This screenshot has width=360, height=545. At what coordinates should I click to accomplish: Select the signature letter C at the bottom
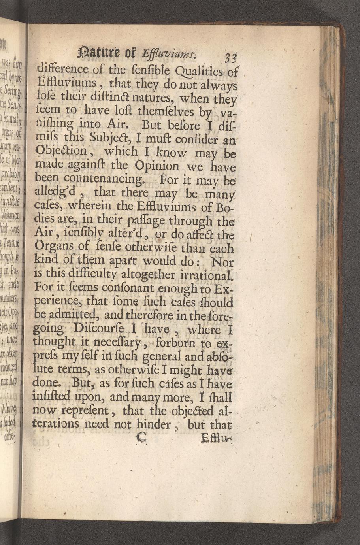[140, 438]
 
